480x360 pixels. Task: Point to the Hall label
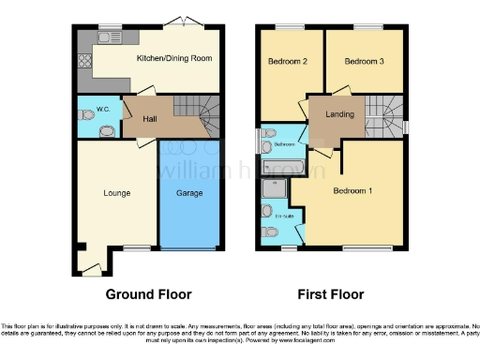click(x=150, y=119)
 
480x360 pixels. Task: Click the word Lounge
click(x=116, y=193)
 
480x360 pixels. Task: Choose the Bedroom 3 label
click(x=363, y=63)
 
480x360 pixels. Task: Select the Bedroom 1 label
click(x=352, y=192)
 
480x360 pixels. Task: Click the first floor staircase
click(x=384, y=116)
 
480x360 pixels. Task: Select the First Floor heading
click(x=330, y=294)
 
